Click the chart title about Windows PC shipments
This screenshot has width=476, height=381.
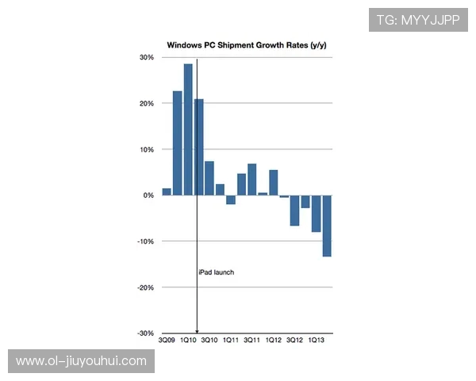tap(246, 45)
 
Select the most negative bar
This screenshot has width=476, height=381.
tap(327, 225)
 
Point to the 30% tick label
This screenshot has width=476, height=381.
tap(147, 57)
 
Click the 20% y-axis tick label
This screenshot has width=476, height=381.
tap(147, 103)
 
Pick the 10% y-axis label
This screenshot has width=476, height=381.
tap(147, 149)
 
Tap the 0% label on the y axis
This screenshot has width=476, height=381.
tap(148, 195)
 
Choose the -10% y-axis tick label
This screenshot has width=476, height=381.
tap(145, 241)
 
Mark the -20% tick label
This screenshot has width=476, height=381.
tap(145, 287)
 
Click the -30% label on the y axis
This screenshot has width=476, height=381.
tap(145, 333)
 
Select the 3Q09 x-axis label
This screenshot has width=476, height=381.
tap(167, 341)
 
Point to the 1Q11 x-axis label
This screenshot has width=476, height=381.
tap(230, 341)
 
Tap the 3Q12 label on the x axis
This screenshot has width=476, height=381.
tap(294, 341)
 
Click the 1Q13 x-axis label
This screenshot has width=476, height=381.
tap(316, 341)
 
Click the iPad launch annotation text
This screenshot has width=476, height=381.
tap(217, 272)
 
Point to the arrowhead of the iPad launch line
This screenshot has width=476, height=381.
tap(197, 331)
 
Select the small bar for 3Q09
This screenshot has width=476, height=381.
tap(167, 191)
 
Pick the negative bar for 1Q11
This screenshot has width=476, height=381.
tap(231, 200)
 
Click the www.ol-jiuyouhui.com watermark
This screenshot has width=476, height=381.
tap(81, 361)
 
